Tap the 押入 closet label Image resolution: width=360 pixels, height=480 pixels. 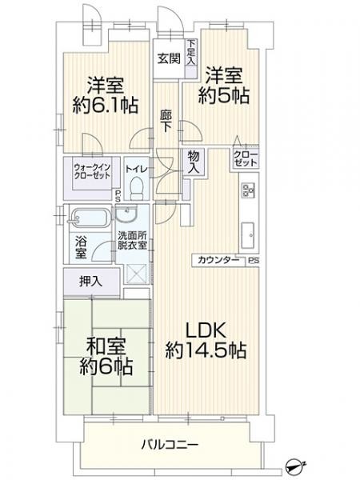[90, 281]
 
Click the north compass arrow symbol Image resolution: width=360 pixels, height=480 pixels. [297, 464]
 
